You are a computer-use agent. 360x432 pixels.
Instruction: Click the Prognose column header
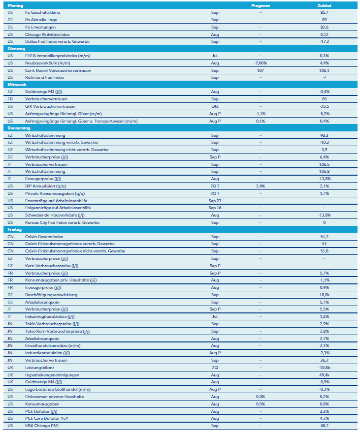pos(260,5)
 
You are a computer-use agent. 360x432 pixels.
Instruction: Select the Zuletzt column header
pos(324,5)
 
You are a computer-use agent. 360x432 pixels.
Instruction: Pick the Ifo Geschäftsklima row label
pos(43,12)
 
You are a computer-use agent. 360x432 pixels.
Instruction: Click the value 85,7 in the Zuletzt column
pos(324,12)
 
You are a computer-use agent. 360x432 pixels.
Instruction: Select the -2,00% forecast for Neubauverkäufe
pos(260,63)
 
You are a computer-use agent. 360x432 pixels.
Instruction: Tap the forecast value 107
pos(260,70)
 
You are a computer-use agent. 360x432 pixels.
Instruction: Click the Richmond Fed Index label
pos(45,78)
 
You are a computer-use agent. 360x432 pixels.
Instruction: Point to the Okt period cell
pos(215,106)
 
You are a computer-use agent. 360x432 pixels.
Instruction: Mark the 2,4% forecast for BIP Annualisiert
pos(260,186)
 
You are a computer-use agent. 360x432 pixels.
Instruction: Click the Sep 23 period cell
pos(215,201)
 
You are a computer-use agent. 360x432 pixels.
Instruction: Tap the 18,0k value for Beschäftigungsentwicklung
pos(324,295)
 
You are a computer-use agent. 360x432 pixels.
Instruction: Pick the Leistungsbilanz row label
pos(40,368)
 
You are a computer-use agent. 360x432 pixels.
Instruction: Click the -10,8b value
pos(324,368)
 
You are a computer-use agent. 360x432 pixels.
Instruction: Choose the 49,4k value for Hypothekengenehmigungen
pos(324,375)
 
